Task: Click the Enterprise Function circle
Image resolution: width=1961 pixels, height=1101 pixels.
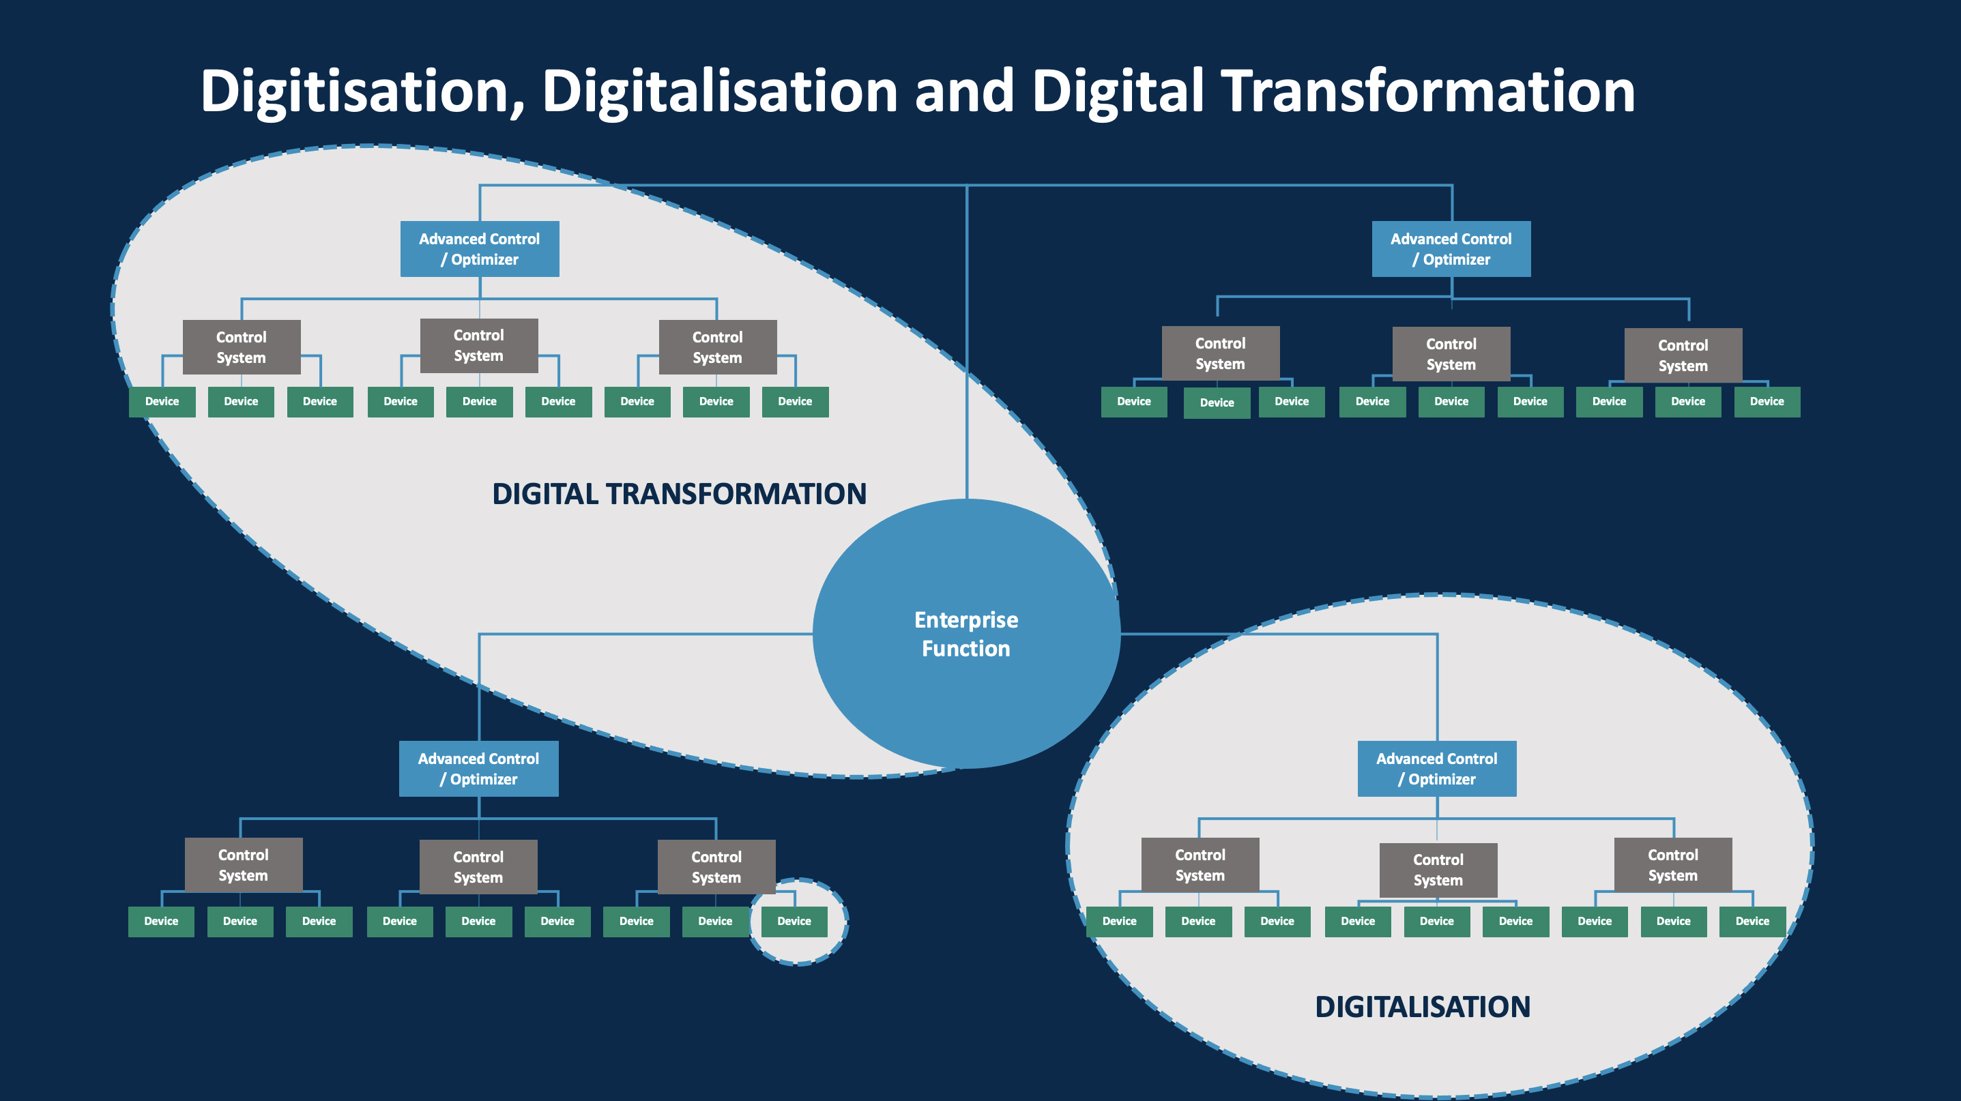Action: (966, 634)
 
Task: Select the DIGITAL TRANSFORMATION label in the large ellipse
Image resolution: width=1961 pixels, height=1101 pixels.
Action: (679, 494)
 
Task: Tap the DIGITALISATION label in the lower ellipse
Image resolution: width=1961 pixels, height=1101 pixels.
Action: (1422, 1007)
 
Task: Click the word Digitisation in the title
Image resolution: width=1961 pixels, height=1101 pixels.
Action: (362, 91)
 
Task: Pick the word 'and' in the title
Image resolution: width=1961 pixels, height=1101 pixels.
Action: (963, 91)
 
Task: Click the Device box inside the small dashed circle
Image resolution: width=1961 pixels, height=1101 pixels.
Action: (794, 922)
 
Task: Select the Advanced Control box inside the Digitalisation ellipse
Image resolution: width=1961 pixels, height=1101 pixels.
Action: (1436, 769)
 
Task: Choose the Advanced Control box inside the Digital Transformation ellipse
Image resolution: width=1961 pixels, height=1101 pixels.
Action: (480, 249)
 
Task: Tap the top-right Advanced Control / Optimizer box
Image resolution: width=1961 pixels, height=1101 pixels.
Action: (1451, 249)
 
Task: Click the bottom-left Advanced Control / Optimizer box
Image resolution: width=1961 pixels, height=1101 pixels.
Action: (478, 769)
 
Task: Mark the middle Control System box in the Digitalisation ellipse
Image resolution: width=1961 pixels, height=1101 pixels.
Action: (1438, 870)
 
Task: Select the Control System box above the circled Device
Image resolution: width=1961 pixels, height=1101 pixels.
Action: (716, 866)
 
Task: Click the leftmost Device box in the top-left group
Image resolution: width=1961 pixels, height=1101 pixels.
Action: (162, 402)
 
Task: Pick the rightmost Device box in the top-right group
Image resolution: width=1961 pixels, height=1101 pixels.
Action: (1767, 402)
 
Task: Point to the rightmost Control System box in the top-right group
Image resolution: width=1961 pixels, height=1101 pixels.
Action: (1683, 355)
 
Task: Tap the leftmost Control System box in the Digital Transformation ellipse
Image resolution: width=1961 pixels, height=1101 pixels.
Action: (242, 347)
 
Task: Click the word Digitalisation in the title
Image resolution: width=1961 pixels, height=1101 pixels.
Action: (719, 91)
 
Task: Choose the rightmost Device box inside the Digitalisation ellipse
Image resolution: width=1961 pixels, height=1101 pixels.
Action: (1752, 922)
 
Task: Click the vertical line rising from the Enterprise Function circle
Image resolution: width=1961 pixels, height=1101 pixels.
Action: (967, 342)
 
